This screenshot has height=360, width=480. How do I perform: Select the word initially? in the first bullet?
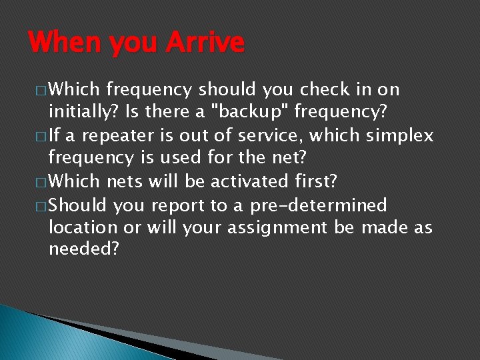[x=79, y=113]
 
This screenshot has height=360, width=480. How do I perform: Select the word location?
[x=83, y=227]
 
